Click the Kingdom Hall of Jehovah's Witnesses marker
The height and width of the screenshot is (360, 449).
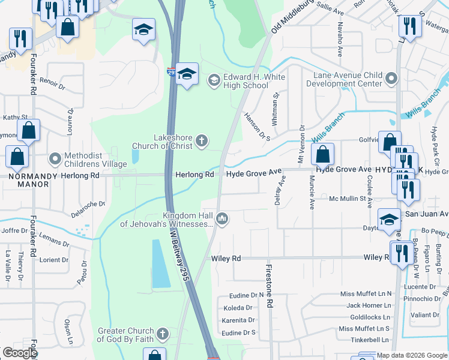(x=222, y=219)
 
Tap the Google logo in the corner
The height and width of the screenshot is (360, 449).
(x=19, y=353)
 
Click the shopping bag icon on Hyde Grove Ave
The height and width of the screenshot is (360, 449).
(x=323, y=154)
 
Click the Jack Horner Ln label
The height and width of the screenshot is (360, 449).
(x=369, y=305)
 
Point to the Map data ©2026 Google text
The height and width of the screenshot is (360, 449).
(x=412, y=355)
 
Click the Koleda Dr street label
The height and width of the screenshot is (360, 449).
(x=238, y=308)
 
